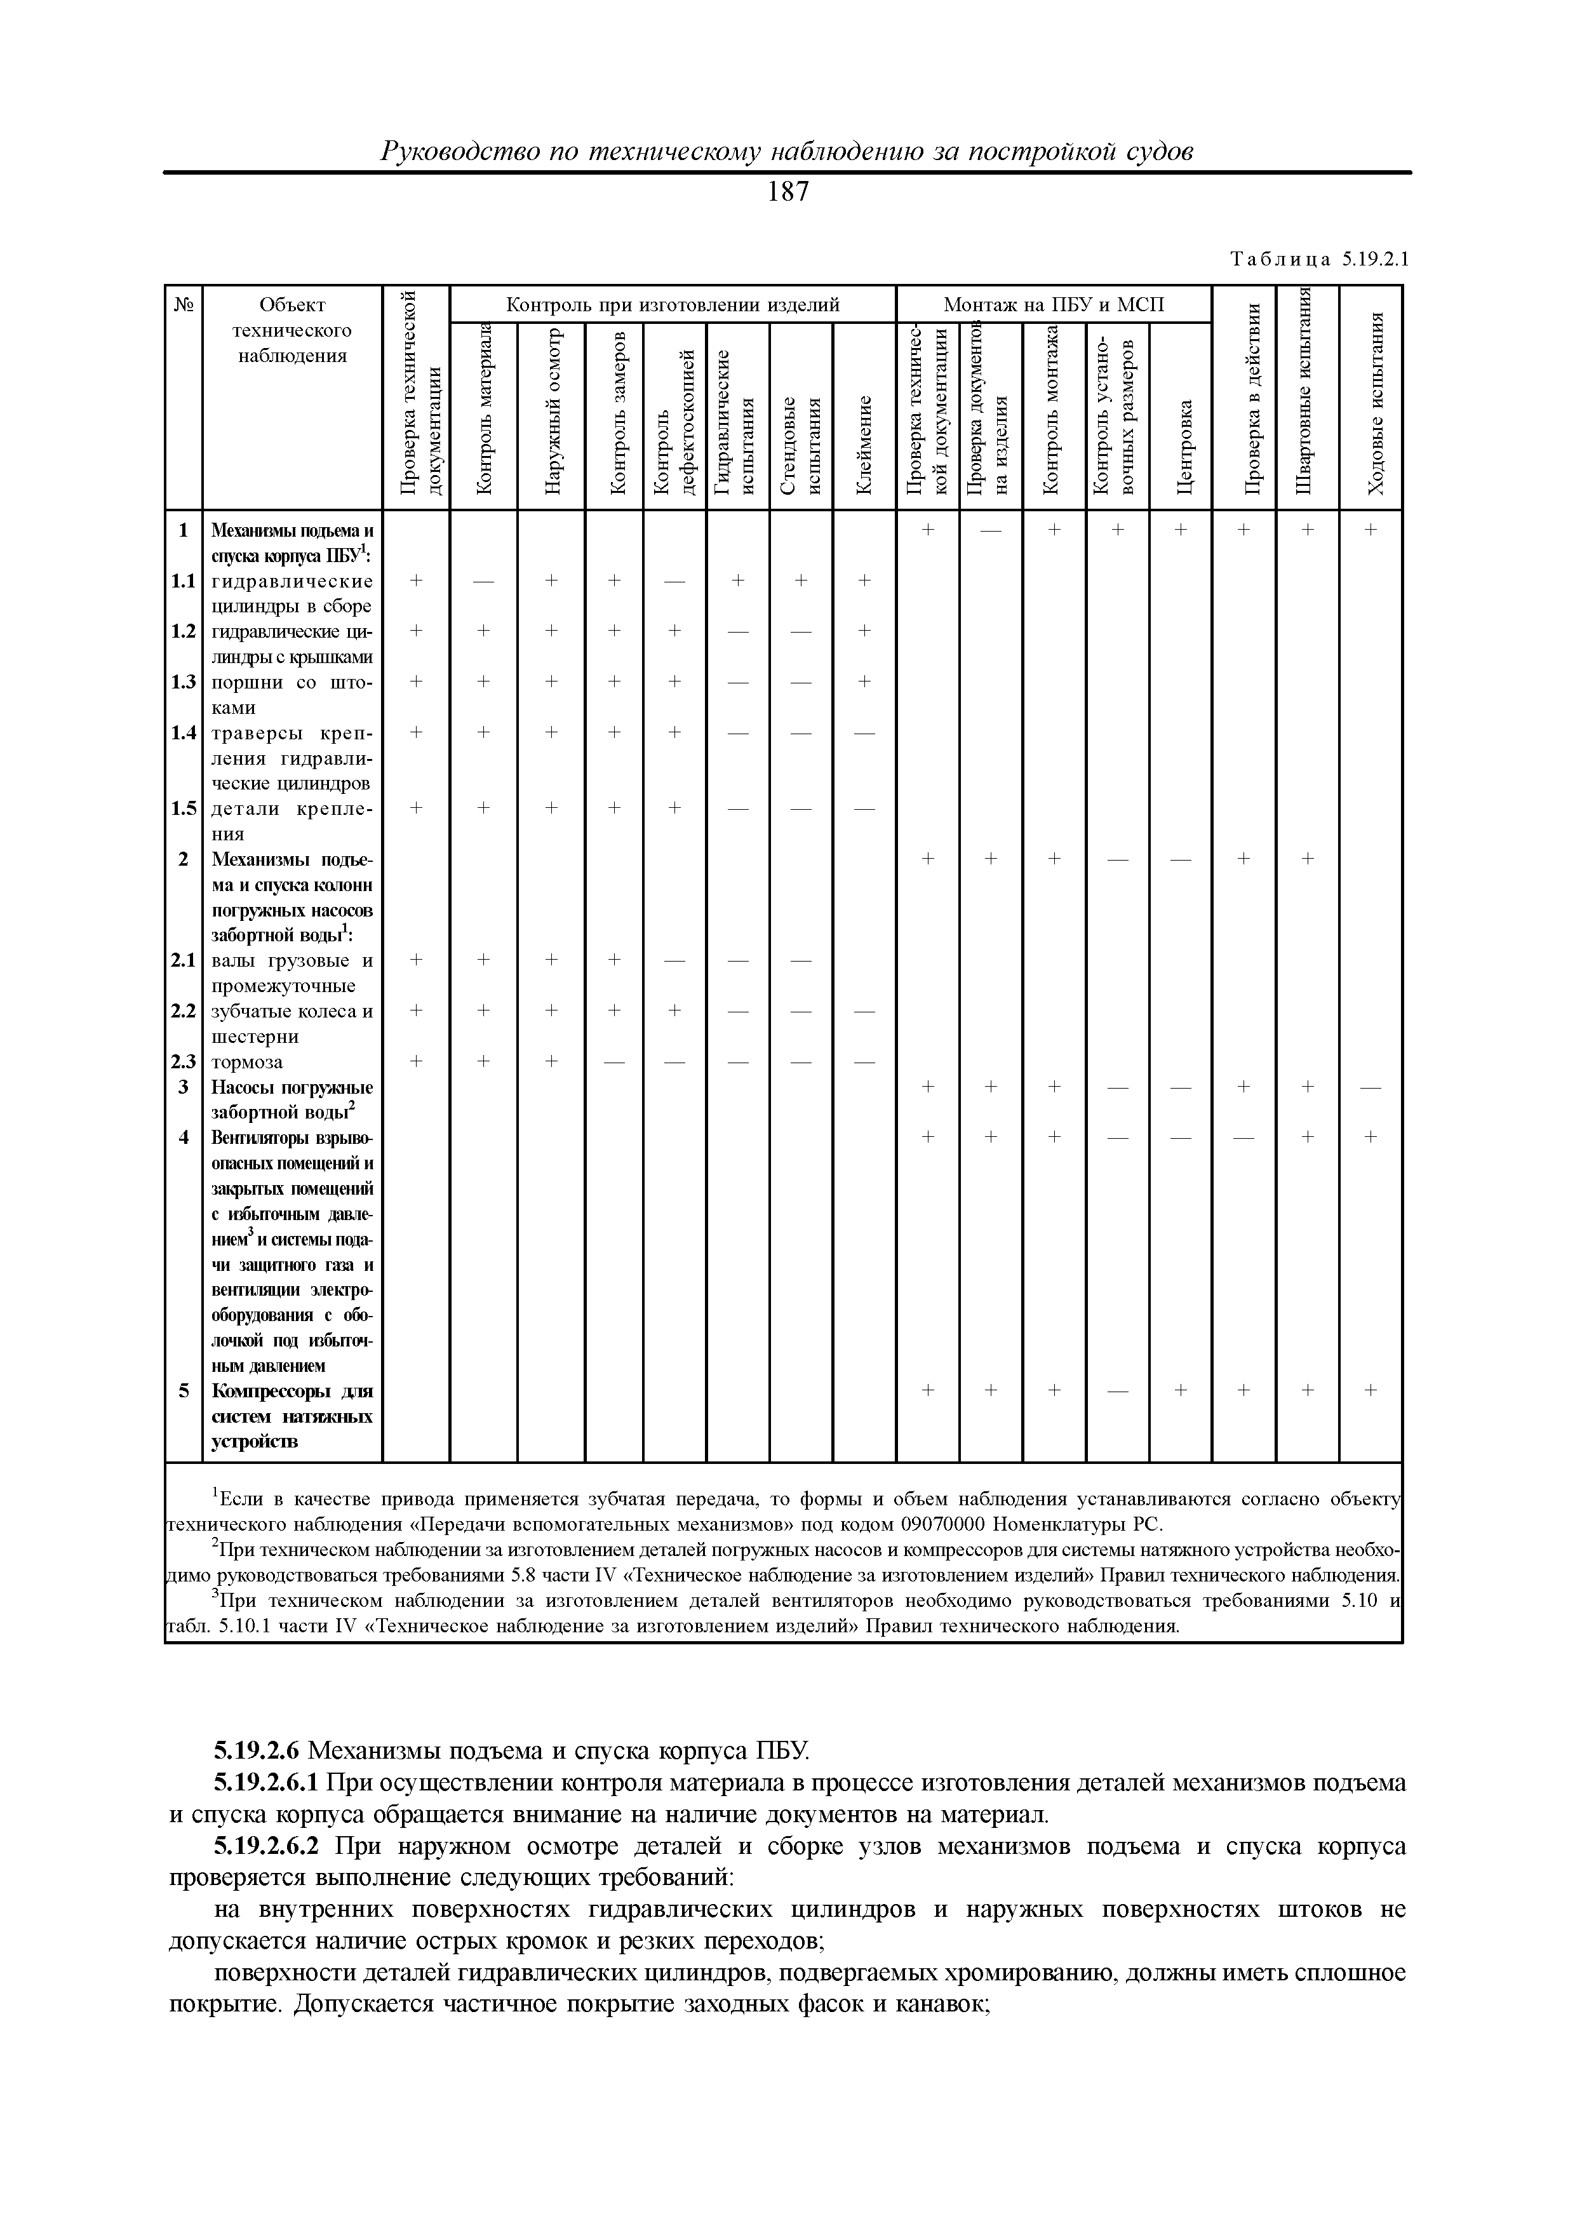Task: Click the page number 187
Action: coord(787,193)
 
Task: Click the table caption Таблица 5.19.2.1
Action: coord(1318,259)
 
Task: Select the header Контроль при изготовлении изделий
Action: coord(673,305)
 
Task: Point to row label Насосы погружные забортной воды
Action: coord(291,1099)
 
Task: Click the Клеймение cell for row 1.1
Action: coord(864,580)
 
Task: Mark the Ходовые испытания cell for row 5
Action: coord(1371,1390)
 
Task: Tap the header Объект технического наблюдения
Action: coord(292,330)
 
